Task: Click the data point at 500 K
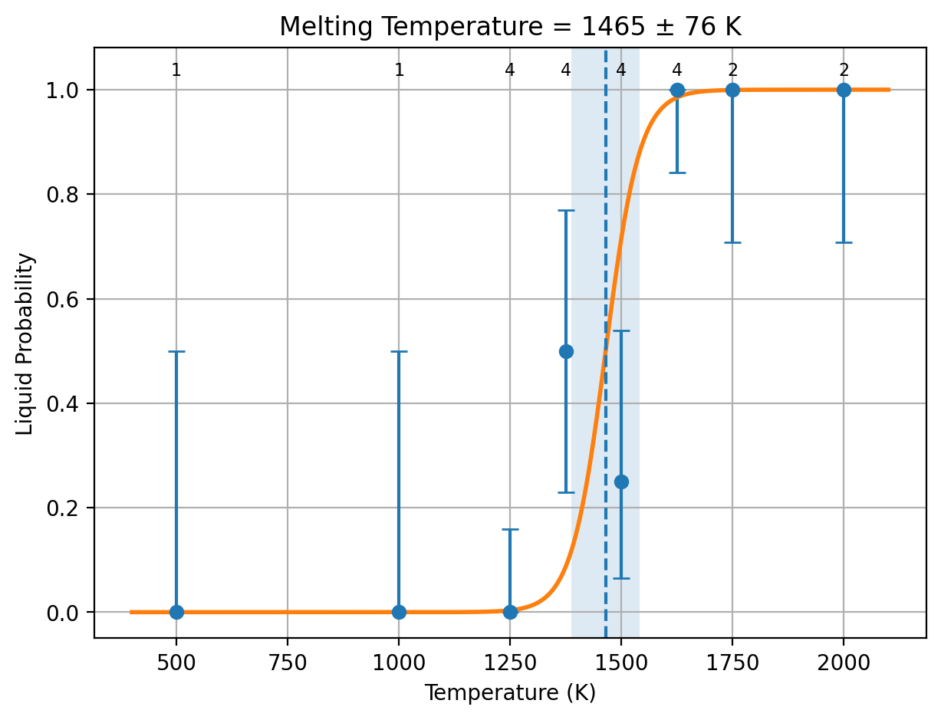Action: (176, 612)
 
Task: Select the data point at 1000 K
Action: (399, 612)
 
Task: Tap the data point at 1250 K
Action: (510, 612)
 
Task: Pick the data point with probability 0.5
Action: (566, 351)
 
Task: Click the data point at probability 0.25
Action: (621, 482)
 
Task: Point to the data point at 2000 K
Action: (844, 90)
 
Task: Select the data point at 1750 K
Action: (732, 90)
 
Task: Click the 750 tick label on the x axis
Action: (288, 662)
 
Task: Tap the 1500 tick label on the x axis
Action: (621, 662)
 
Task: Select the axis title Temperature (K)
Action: (510, 692)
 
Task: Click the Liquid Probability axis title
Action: (25, 344)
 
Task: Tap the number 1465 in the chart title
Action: (613, 27)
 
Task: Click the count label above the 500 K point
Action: (176, 70)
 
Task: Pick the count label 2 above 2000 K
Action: (844, 70)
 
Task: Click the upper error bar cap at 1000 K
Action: (399, 351)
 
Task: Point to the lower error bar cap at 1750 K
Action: (732, 242)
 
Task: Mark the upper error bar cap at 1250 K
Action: (510, 529)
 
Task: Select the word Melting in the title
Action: (326, 27)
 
